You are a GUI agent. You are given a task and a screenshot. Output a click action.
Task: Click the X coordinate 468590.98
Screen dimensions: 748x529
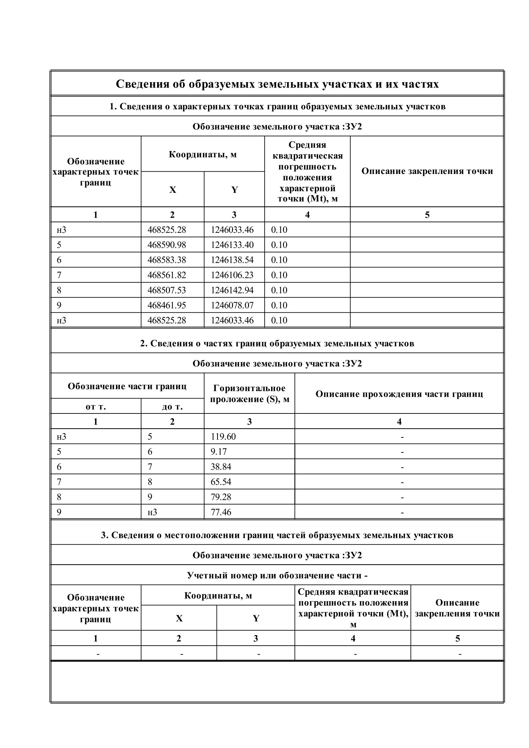[x=166, y=245]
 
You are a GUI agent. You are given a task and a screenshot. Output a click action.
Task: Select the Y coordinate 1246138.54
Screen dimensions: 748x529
[x=232, y=260]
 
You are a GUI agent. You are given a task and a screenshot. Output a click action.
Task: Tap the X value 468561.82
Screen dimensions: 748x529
[x=166, y=275]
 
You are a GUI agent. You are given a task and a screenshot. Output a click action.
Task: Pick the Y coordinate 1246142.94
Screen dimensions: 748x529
[x=232, y=290]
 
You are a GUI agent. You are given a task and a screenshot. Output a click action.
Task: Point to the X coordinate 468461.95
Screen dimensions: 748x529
[x=166, y=305]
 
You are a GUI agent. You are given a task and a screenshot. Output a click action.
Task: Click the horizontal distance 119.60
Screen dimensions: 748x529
[x=223, y=437]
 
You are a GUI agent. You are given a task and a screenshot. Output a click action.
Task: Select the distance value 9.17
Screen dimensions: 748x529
[x=218, y=452]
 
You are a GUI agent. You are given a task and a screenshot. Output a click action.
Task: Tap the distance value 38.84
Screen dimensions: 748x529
[x=221, y=467]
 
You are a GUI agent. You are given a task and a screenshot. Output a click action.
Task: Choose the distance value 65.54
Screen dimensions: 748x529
[x=221, y=482]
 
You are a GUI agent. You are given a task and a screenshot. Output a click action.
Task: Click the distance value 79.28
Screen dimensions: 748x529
[x=221, y=497]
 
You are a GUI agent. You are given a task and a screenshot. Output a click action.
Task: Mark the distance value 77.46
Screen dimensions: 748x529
[x=221, y=512]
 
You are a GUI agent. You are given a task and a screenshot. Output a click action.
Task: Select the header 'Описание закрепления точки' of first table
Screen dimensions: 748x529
[x=427, y=171]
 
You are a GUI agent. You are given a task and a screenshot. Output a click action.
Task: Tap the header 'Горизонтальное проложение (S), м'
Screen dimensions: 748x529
[x=249, y=394]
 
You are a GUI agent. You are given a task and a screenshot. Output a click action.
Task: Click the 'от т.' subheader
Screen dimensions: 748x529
[x=96, y=407]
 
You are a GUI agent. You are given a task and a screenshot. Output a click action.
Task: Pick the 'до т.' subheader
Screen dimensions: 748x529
[x=172, y=407]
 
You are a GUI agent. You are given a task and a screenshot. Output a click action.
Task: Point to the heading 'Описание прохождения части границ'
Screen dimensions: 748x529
[x=399, y=394]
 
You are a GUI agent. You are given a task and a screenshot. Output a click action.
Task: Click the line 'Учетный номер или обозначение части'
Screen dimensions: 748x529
[x=277, y=576]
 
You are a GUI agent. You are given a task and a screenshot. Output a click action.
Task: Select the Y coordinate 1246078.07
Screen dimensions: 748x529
[x=232, y=305]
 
